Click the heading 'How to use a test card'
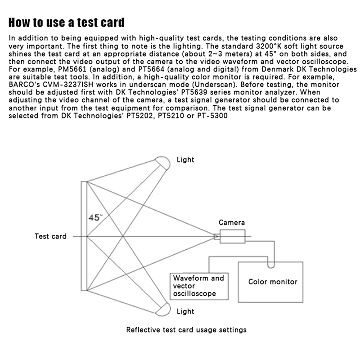(x=67, y=22)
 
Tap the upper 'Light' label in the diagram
(x=185, y=160)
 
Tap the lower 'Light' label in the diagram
(x=185, y=311)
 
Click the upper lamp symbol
(x=162, y=161)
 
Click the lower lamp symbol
(x=162, y=309)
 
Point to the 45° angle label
(x=95, y=217)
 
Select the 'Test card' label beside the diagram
(x=50, y=236)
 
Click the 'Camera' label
(x=232, y=222)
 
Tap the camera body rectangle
(x=232, y=236)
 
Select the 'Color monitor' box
(x=273, y=282)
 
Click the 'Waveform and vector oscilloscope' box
(x=198, y=286)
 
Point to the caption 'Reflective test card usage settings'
(x=186, y=330)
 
